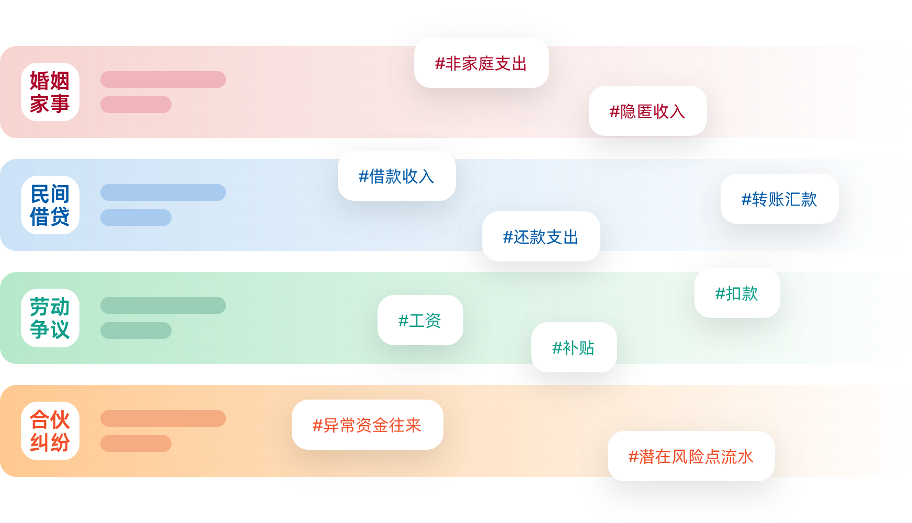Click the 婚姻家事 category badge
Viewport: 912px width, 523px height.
click(50, 92)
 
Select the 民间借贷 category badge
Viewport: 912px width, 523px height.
click(50, 205)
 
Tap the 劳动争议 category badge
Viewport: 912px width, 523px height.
click(50, 318)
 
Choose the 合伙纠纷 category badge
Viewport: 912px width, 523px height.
click(50, 431)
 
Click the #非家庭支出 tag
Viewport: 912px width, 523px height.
click(481, 63)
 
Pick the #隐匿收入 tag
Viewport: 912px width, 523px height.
click(647, 111)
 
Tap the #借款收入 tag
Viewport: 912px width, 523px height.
click(396, 176)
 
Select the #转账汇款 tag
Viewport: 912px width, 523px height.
click(779, 199)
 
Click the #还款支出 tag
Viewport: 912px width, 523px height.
click(541, 236)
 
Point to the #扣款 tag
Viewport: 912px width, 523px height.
click(737, 293)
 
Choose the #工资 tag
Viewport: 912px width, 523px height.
click(420, 320)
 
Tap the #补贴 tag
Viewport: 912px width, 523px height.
click(574, 347)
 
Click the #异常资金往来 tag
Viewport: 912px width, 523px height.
click(367, 425)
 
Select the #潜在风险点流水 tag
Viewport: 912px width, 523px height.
click(691, 456)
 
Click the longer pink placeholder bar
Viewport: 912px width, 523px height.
click(163, 79)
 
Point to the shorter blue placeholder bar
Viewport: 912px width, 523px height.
click(136, 218)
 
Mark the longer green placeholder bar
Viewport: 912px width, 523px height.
click(163, 305)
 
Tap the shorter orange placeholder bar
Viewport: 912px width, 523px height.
click(136, 444)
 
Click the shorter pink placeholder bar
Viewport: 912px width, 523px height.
click(136, 105)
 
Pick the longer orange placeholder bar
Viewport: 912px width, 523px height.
click(163, 418)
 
